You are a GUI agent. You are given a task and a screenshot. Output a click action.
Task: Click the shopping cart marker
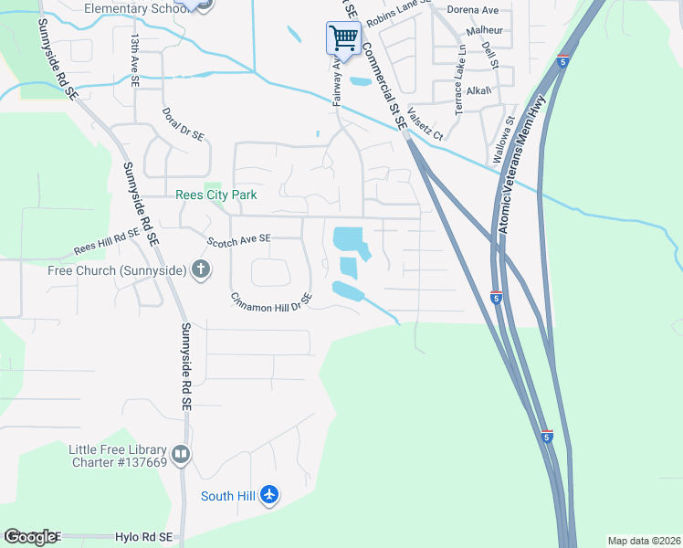click(x=342, y=38)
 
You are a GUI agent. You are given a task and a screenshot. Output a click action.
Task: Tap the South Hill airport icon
click(x=268, y=495)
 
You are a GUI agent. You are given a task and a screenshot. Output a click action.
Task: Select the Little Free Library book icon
click(x=181, y=454)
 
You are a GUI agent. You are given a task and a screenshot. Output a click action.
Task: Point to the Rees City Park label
click(x=216, y=195)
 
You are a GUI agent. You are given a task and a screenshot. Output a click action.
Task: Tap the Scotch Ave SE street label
click(x=239, y=239)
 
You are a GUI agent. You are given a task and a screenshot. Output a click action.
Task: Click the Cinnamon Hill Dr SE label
click(x=271, y=301)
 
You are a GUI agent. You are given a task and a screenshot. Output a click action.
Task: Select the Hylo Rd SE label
click(x=150, y=538)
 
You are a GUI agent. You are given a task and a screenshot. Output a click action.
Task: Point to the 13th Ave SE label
click(x=134, y=60)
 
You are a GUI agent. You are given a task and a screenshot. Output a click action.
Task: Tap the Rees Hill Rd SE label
click(x=107, y=241)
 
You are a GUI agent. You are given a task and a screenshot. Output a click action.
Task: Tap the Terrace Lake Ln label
click(x=459, y=89)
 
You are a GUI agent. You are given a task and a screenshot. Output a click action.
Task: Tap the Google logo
click(x=29, y=537)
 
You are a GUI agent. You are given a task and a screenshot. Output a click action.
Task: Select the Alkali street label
click(x=478, y=90)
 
